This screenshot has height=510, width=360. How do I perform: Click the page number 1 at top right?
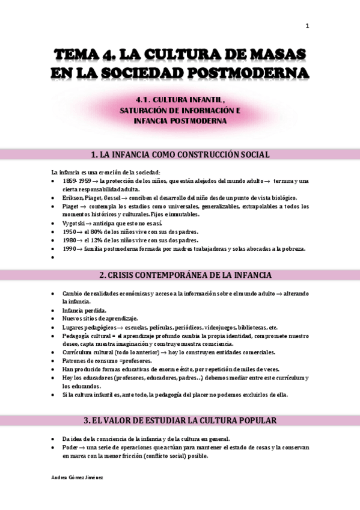pyautogui.click(x=307, y=26)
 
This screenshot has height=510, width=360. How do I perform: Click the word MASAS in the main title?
pyautogui.click(x=275, y=55)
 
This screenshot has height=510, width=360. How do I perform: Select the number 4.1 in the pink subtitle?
pyautogui.click(x=142, y=100)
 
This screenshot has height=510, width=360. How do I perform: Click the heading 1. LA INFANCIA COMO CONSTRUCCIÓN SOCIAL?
pyautogui.click(x=180, y=155)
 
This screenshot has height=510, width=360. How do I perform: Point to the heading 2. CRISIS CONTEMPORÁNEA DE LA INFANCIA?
pyautogui.click(x=180, y=275)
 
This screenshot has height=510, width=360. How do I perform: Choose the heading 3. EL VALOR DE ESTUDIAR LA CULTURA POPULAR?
pyautogui.click(x=180, y=420)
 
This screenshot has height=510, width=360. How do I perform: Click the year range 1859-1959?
pyautogui.click(x=76, y=181)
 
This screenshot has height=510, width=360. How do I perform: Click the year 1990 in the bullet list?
pyautogui.click(x=70, y=248)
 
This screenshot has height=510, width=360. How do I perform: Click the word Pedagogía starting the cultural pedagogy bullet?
pyautogui.click(x=77, y=335)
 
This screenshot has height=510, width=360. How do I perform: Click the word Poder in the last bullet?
pyautogui.click(x=70, y=447)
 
